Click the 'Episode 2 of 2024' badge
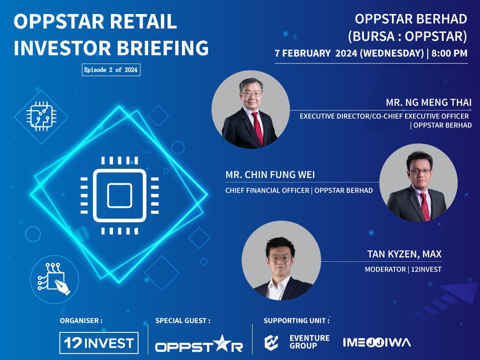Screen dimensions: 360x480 pyautogui.click(x=111, y=70)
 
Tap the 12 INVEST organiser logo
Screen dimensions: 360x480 pyautogui.click(x=99, y=343)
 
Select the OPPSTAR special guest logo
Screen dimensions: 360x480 pyautogui.click(x=199, y=343)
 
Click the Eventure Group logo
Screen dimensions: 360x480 pyautogui.click(x=297, y=342)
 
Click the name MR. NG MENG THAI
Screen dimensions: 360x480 pyautogui.click(x=429, y=103)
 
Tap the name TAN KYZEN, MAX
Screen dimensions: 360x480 pyautogui.click(x=404, y=254)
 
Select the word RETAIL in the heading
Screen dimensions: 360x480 pyautogui.click(x=142, y=21)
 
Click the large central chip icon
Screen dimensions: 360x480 pyautogui.click(x=119, y=195)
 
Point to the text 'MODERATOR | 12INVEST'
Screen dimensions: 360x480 pyautogui.click(x=403, y=269)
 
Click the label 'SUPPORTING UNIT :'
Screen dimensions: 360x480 pyautogui.click(x=296, y=321)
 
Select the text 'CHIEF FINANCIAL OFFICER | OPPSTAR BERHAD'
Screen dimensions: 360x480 pyautogui.click(x=299, y=191)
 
